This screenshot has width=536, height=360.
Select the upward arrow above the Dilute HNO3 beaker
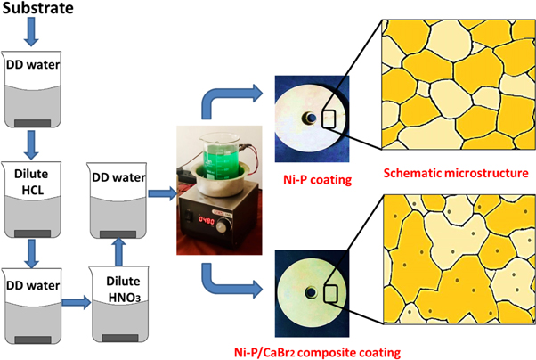click(120, 241)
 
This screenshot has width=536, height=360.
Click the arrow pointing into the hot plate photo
click(160, 191)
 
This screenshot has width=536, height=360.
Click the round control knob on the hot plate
click(238, 217)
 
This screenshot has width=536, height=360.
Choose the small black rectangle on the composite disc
click(330, 294)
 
